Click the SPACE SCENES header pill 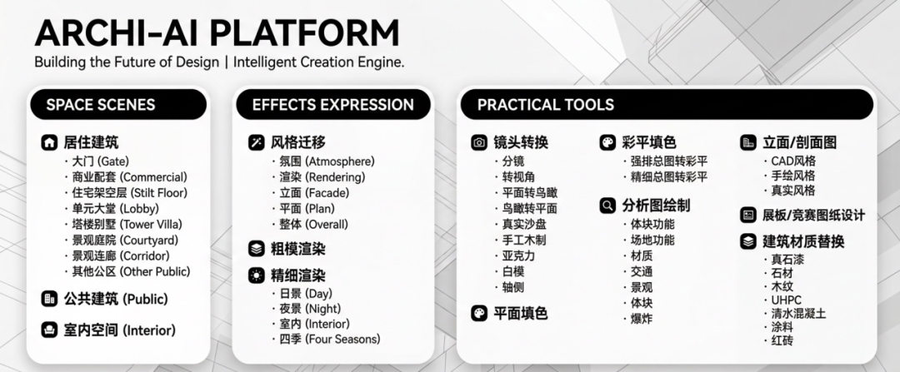(118, 104)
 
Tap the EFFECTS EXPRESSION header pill (332, 104)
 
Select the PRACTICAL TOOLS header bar (667, 104)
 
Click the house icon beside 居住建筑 (50, 142)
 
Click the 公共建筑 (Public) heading (116, 299)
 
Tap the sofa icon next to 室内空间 (50, 330)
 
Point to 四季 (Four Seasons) (329, 339)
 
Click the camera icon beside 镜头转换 (479, 142)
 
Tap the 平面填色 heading (521, 313)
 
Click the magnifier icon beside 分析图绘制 (607, 206)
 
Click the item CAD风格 (793, 161)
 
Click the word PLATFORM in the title (307, 33)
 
